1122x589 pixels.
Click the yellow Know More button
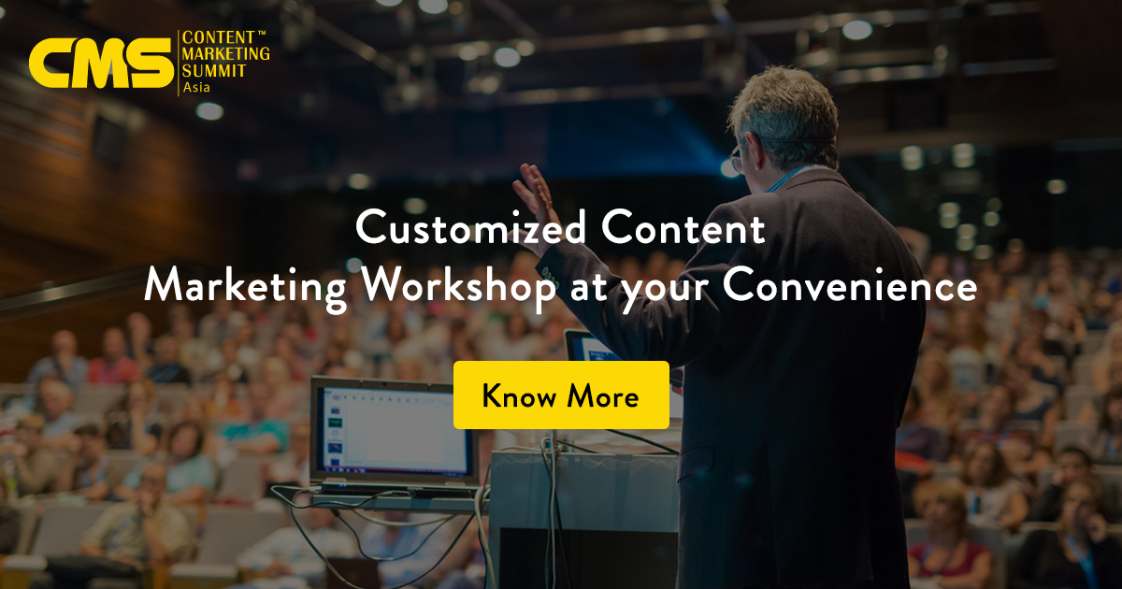click(561, 395)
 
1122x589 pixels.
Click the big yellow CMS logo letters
click(101, 63)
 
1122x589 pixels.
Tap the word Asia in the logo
click(196, 87)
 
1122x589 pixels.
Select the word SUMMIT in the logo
click(214, 71)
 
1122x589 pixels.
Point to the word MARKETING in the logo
click(226, 53)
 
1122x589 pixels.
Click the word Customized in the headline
click(471, 227)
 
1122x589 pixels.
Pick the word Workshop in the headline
click(459, 286)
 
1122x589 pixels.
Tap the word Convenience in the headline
click(850, 284)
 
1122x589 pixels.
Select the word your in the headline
click(664, 290)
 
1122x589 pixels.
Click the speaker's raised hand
click(536, 208)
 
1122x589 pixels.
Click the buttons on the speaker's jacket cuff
click(550, 274)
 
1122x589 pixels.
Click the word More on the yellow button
click(603, 396)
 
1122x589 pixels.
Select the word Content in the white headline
click(683, 227)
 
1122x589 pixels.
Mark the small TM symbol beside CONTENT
click(261, 33)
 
